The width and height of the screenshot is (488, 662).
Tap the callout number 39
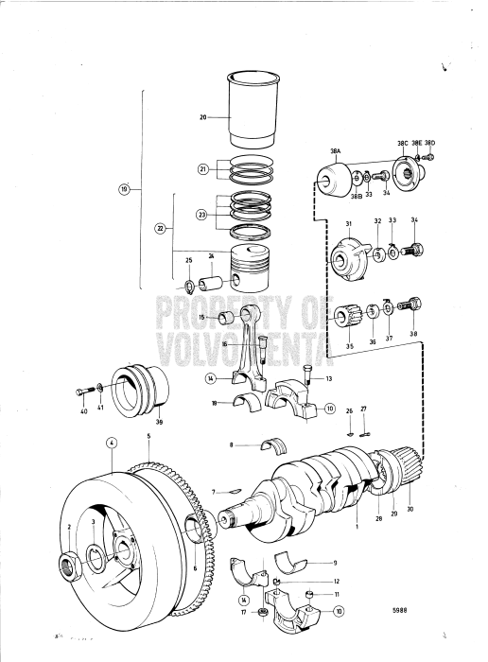click(159, 423)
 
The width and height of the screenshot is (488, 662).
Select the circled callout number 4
click(112, 443)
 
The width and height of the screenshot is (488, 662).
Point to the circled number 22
click(159, 228)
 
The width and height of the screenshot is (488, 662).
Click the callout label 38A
click(336, 151)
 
